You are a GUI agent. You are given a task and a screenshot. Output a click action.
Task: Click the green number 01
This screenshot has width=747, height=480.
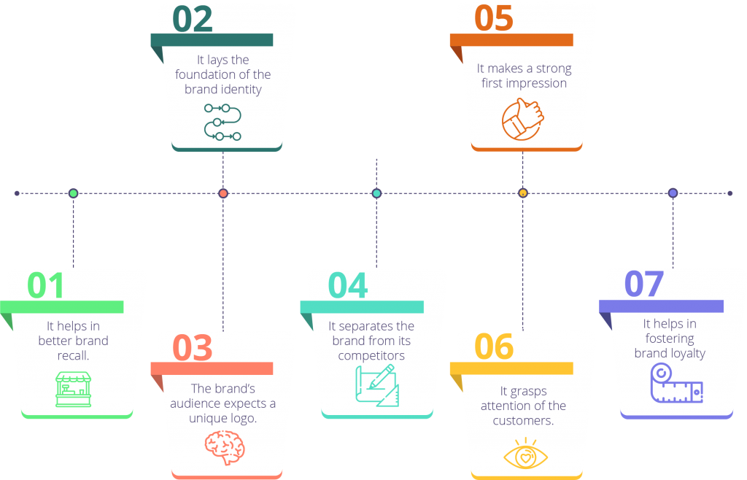click(x=45, y=285)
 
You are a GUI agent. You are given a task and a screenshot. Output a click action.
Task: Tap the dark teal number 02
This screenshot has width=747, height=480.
click(x=193, y=19)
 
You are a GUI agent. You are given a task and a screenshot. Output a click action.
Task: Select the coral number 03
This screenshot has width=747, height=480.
click(x=193, y=348)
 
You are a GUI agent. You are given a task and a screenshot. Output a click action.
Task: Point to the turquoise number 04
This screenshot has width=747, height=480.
click(x=348, y=285)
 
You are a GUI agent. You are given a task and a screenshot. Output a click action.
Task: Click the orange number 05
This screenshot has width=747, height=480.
click(x=494, y=18)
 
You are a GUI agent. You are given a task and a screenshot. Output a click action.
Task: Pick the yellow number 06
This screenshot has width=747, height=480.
click(x=494, y=347)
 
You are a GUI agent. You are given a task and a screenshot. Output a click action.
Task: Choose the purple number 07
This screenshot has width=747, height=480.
click(x=644, y=284)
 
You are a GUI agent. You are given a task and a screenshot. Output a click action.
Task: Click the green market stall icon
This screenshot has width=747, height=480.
click(x=74, y=390)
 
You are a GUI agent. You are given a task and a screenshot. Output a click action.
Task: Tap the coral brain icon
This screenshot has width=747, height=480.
click(x=225, y=447)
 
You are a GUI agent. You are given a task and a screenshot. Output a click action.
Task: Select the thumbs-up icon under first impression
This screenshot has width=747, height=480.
click(x=522, y=120)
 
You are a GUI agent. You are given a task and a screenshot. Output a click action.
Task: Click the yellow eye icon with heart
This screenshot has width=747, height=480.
click(x=525, y=453)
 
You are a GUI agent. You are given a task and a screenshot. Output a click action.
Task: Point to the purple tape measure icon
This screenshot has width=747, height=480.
click(x=676, y=383)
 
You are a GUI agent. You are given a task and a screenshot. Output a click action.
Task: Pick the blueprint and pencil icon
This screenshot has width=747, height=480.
click(x=377, y=386)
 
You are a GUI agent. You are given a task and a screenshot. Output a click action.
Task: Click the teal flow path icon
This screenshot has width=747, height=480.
click(x=222, y=123)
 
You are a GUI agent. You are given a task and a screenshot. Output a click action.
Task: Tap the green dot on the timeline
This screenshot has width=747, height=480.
click(x=74, y=193)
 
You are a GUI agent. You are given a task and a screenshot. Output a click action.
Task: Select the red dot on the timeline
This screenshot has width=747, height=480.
click(x=223, y=193)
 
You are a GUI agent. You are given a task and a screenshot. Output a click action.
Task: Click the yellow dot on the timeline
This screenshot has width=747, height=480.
click(x=522, y=193)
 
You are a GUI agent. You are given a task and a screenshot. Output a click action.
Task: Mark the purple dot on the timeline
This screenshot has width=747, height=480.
click(x=673, y=193)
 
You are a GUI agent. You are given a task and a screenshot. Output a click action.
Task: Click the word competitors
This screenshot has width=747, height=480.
click(x=371, y=356)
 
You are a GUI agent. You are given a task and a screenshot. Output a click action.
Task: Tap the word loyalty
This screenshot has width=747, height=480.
click(x=687, y=354)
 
